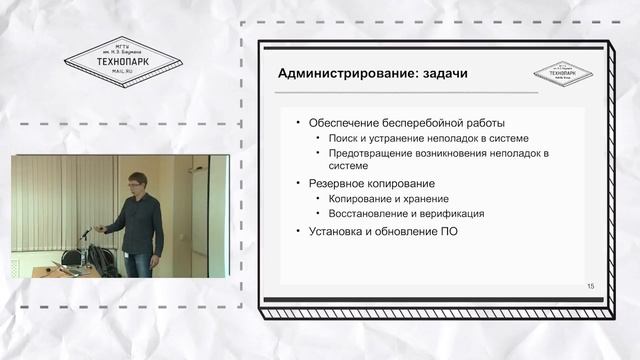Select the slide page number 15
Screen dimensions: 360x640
pyautogui.click(x=591, y=287)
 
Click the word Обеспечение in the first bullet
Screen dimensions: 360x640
pyautogui.click(x=342, y=122)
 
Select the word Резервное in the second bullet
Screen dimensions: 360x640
pyautogui.click(x=334, y=183)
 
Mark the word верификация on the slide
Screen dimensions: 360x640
pyautogui.click(x=452, y=213)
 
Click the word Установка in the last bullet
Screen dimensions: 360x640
pyautogui.click(x=333, y=232)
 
